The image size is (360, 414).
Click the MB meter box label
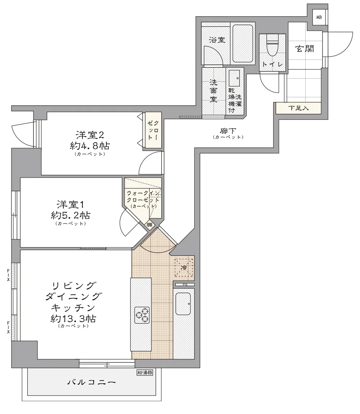click(319, 17)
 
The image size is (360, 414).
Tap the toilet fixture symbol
click(272, 45)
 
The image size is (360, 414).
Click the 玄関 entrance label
click(305, 49)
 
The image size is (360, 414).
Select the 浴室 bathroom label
click(217, 40)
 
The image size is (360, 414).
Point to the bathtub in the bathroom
click(242, 44)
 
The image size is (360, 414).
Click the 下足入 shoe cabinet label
click(298, 108)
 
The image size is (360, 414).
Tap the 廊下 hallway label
click(228, 131)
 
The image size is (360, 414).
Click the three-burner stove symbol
click(142, 315)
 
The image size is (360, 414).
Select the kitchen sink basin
click(183, 304)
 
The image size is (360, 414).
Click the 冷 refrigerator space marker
click(184, 268)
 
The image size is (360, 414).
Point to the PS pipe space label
click(185, 285)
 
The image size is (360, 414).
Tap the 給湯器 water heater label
click(145, 373)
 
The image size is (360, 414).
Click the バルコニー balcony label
click(91, 382)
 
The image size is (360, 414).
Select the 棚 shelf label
click(149, 225)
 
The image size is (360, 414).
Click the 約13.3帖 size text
click(73, 319)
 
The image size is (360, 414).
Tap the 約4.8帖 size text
click(90, 146)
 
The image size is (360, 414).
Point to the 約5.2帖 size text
click(71, 215)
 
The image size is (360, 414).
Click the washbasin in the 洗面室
click(234, 78)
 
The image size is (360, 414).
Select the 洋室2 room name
click(90, 135)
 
